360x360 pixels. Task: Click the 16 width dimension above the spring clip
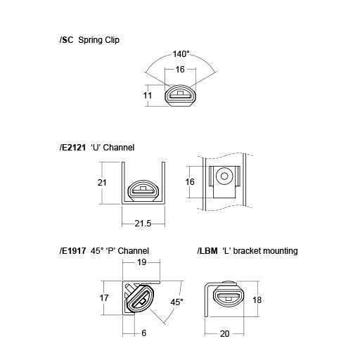179,70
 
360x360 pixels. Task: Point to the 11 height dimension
147,94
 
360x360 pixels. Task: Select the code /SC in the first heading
67,40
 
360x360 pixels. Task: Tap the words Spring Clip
98,40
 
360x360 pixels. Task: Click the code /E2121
74,148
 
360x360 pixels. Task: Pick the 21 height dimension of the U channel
101,182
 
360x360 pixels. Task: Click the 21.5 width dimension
143,223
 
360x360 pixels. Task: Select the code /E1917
72,250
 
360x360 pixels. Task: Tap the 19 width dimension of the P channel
142,262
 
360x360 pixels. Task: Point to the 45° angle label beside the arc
176,302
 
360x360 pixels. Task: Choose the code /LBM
208,250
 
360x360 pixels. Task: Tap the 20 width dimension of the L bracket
225,333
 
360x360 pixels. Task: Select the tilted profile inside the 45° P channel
142,298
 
